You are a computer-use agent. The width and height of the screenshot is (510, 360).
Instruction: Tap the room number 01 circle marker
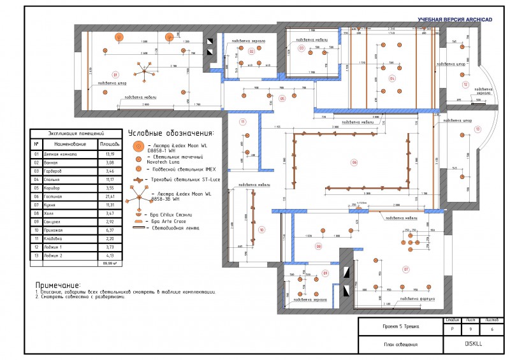[x=115, y=73]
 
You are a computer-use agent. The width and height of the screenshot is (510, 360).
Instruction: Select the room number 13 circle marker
[x=477, y=129]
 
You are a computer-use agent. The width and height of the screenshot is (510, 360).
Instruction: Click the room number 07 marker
[x=405, y=269]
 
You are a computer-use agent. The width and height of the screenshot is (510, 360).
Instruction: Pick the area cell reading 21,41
[x=110, y=196]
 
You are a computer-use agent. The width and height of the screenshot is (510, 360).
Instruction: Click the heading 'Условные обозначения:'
[x=171, y=134]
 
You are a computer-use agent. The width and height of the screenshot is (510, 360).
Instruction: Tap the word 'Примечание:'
[x=58, y=285]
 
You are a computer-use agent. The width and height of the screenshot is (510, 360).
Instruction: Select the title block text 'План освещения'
[x=400, y=344]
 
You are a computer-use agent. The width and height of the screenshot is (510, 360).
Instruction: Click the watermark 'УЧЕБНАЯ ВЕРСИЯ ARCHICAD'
[x=455, y=20]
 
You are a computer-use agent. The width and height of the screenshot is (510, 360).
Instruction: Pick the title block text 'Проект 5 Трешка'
[x=400, y=326]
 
